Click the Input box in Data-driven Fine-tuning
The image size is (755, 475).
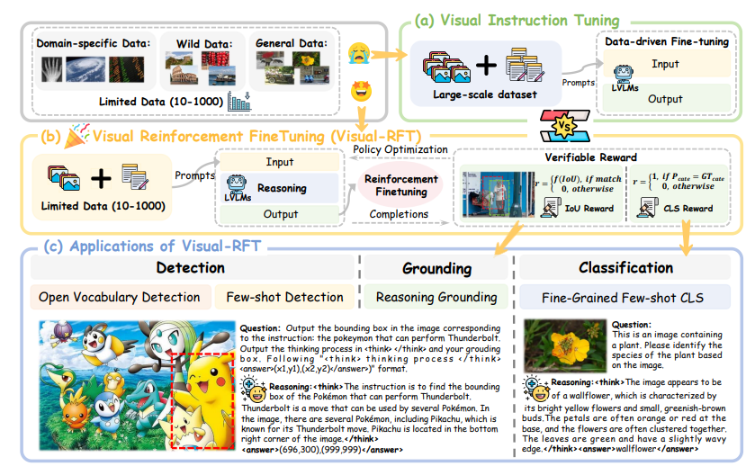665,64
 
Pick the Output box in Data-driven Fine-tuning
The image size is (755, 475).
665,99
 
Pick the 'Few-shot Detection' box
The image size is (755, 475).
283,296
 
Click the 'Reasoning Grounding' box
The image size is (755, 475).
436,296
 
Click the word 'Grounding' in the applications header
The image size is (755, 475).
437,267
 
